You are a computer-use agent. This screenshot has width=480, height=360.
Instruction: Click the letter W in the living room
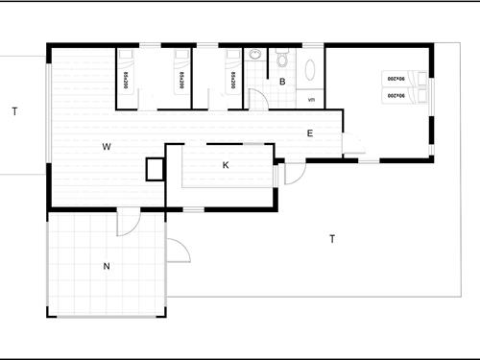click(x=108, y=147)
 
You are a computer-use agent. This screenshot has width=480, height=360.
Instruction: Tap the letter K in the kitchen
click(x=226, y=165)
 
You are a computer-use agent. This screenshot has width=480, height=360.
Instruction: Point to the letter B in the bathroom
click(x=282, y=83)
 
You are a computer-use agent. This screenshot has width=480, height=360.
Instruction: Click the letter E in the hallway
click(x=309, y=133)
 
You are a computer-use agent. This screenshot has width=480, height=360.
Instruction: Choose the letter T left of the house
click(x=15, y=112)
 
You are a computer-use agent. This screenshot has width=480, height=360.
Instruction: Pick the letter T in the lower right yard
click(x=331, y=238)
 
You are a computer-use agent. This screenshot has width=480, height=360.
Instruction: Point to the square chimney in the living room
click(x=154, y=169)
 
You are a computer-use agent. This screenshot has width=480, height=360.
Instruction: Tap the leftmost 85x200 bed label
click(x=126, y=76)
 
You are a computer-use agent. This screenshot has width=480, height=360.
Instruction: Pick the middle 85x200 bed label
click(x=180, y=76)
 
